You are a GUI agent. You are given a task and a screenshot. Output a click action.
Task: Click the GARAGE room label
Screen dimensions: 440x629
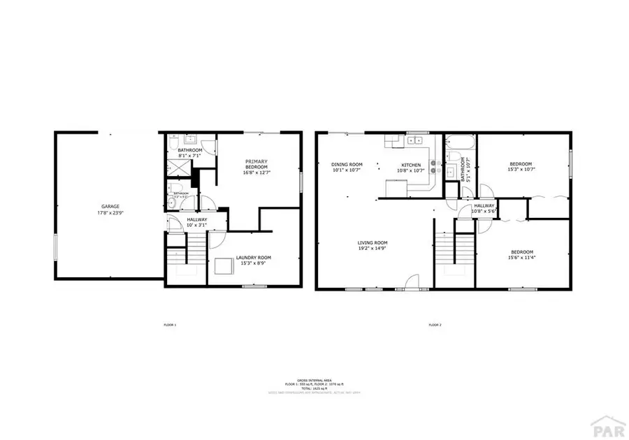point(110,206)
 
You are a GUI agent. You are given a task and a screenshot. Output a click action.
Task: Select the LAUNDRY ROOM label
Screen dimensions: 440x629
point(253,258)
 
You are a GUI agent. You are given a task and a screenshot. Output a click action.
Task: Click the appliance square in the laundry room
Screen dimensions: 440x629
point(224,267)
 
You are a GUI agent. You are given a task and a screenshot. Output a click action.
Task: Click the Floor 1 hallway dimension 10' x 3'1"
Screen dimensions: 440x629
point(196,225)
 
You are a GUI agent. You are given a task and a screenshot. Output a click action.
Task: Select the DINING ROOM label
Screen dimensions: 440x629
point(347,165)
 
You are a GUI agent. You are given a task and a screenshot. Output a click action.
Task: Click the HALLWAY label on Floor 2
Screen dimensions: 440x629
point(484,205)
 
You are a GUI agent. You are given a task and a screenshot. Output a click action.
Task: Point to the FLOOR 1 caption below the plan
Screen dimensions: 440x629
point(170,325)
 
